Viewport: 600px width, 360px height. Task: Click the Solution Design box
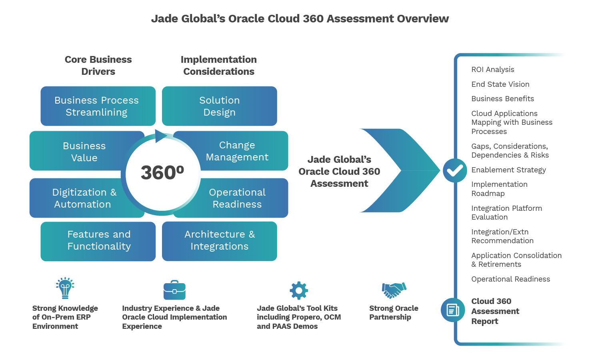click(x=219, y=106)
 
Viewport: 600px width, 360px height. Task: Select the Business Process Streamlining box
click(x=97, y=106)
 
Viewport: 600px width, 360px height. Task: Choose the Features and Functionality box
click(x=99, y=240)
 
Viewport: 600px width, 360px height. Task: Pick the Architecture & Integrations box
click(x=220, y=240)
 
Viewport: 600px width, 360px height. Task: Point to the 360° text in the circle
click(x=162, y=173)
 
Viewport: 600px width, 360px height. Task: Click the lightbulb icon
click(x=65, y=288)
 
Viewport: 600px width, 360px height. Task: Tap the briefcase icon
click(x=174, y=290)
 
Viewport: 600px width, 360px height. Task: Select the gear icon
click(x=299, y=290)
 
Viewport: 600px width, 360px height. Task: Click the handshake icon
click(x=394, y=290)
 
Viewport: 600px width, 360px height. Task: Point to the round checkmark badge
click(x=455, y=171)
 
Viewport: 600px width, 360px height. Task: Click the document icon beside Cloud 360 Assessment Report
click(x=453, y=310)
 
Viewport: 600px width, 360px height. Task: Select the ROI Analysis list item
click(x=492, y=70)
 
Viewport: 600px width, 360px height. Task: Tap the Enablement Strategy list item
click(x=508, y=170)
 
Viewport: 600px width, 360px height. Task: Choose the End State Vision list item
click(x=500, y=84)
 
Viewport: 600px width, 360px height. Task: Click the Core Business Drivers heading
click(x=98, y=66)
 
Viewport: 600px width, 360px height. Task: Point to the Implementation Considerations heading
click(x=218, y=66)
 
